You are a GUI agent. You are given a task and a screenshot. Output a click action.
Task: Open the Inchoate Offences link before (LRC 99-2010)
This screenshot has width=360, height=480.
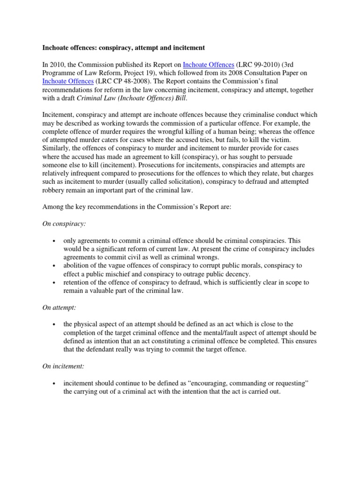pyautogui.click(x=205, y=65)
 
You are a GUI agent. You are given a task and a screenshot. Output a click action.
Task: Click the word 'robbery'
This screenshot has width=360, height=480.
pyautogui.click(x=55, y=190)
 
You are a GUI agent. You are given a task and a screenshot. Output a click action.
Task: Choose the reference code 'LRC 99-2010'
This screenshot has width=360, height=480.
pyautogui.click(x=251, y=65)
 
